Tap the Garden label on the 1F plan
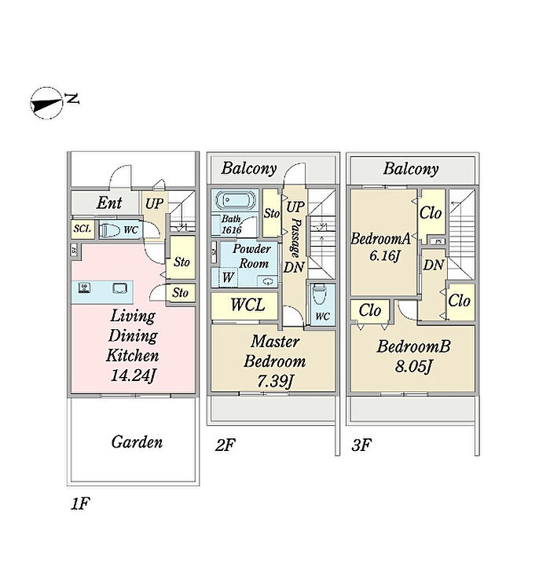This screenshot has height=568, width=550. click(x=137, y=442)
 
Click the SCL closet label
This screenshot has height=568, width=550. click(x=82, y=229)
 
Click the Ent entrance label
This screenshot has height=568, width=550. click(x=109, y=203)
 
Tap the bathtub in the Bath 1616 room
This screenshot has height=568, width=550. click(x=234, y=201)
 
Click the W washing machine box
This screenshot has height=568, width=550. click(x=228, y=277)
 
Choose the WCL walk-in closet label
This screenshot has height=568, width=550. click(x=247, y=306)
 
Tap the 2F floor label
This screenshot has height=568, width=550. click(x=225, y=445)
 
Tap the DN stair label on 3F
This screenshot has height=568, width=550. click(x=434, y=265)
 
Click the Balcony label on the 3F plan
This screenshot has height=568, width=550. click(x=411, y=168)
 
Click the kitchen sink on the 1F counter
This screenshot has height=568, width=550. click(x=119, y=288)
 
